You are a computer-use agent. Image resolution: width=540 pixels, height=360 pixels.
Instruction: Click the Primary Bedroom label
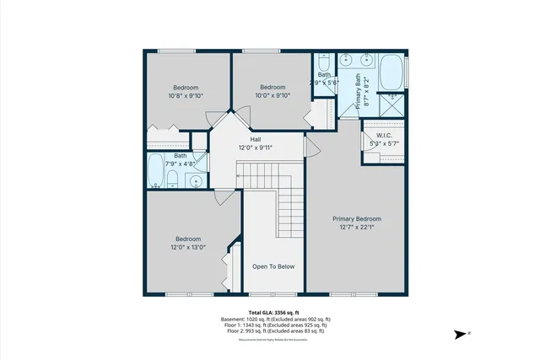[x=355, y=218]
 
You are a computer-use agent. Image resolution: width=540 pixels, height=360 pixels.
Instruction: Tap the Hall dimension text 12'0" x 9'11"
[x=255, y=148]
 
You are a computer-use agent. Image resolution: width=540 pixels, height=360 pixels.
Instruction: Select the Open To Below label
[x=274, y=266]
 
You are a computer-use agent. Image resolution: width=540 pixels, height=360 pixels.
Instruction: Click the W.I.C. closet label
[x=385, y=134]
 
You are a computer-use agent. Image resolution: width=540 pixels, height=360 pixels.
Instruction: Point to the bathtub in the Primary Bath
[x=391, y=73]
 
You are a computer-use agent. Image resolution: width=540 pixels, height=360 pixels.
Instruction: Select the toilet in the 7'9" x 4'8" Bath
[x=172, y=178]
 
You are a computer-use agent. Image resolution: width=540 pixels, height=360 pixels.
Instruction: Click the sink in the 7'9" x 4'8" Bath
[x=196, y=180]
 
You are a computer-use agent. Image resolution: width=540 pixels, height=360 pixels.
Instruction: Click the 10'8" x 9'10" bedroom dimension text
[x=186, y=96]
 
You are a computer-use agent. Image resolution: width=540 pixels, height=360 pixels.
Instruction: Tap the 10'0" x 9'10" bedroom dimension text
[x=272, y=95]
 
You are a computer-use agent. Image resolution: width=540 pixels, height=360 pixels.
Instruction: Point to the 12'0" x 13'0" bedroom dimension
[x=187, y=247]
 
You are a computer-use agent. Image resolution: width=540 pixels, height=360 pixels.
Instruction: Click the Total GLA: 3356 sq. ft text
[x=273, y=313]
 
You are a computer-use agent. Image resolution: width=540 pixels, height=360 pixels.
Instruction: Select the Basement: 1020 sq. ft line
[x=273, y=320]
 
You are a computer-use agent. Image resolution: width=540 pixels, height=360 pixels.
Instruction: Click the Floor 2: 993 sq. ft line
[x=273, y=331]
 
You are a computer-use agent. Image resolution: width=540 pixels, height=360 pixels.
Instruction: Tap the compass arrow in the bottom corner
[x=461, y=334]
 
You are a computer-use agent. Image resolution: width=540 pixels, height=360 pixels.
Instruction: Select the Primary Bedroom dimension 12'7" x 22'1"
[x=355, y=226]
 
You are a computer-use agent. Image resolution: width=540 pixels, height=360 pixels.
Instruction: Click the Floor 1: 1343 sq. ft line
[x=273, y=325]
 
